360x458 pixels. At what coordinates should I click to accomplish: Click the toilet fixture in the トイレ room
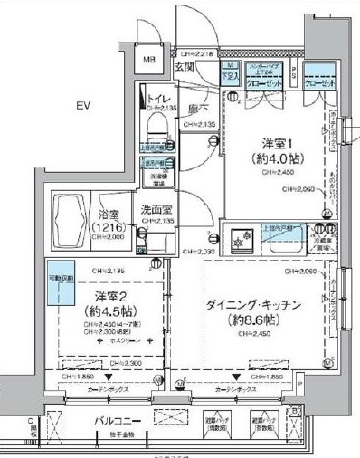156,124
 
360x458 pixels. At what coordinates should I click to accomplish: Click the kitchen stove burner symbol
242,239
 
